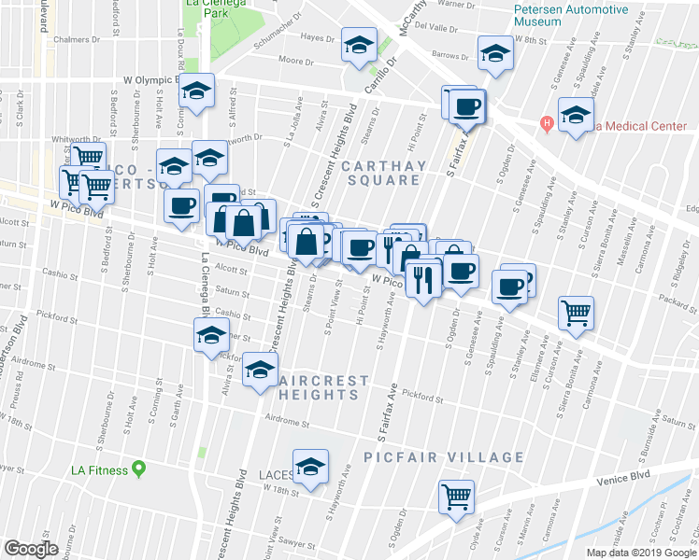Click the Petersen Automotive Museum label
[x=571, y=14]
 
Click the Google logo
[x=31, y=549]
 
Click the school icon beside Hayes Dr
[x=358, y=46]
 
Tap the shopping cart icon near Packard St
[x=576, y=313]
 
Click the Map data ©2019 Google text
[x=640, y=552]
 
